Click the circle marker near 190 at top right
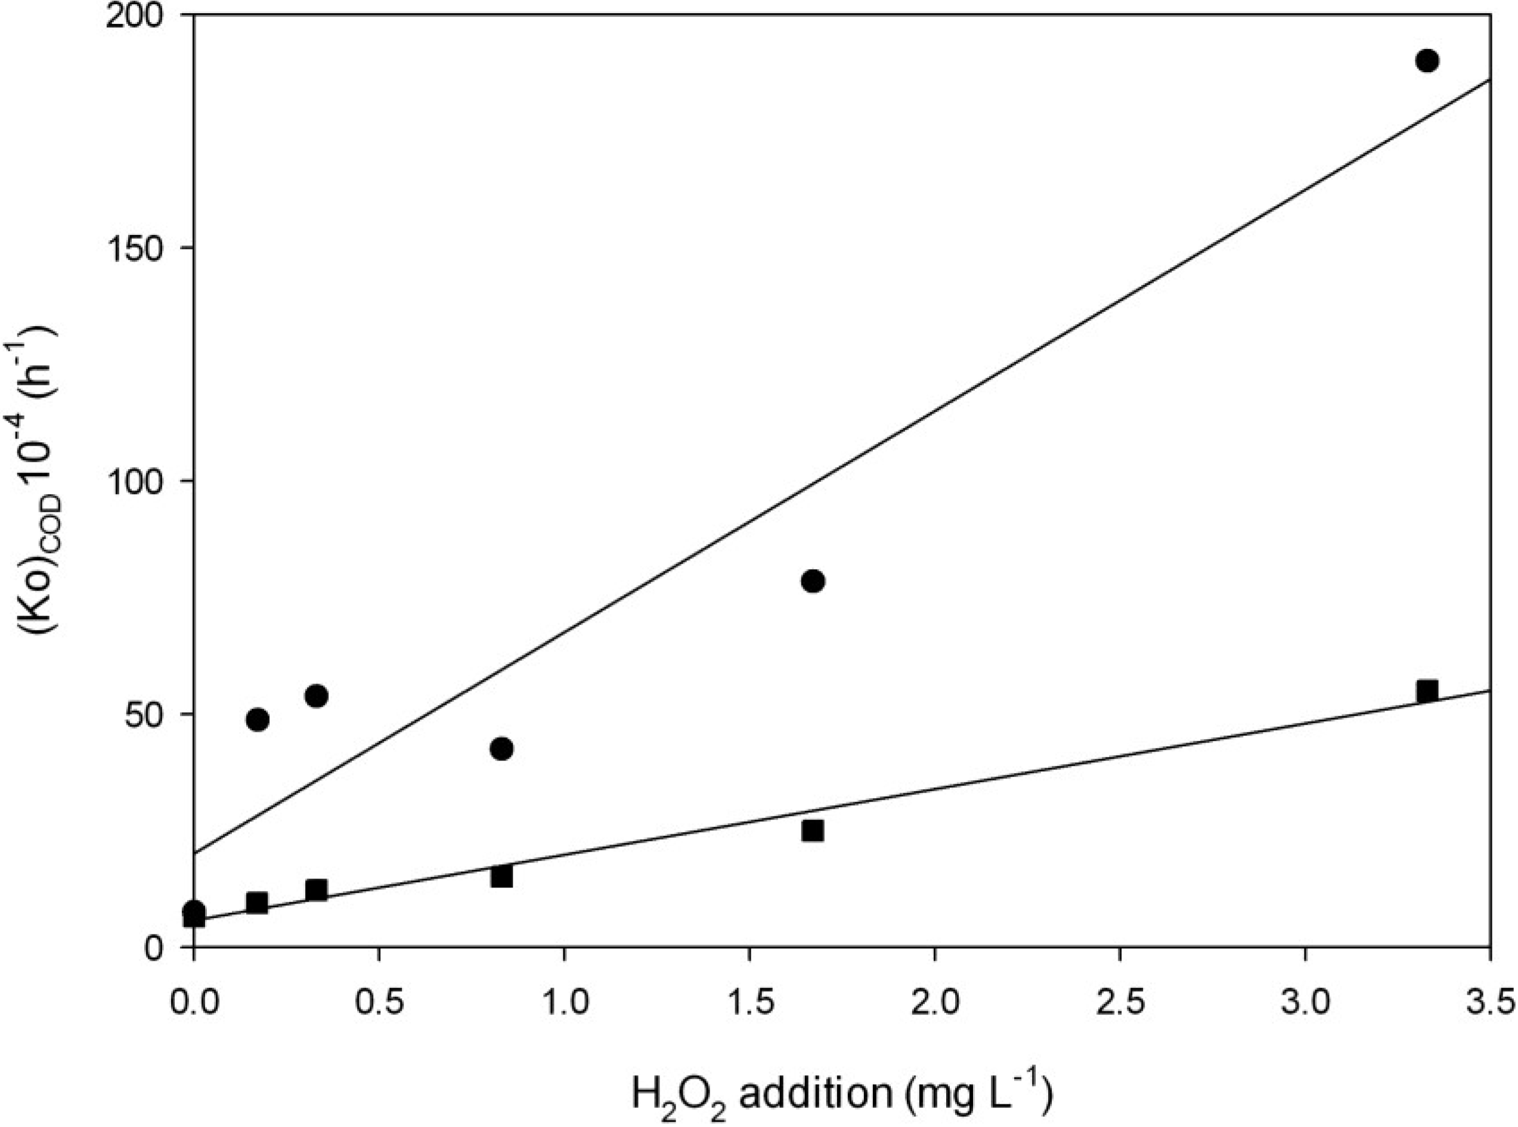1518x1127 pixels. point(1427,61)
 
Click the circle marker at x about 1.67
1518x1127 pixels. point(813,581)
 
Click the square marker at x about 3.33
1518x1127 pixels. point(1427,690)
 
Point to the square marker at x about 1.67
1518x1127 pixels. point(813,830)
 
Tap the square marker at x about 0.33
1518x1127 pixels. point(316,890)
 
